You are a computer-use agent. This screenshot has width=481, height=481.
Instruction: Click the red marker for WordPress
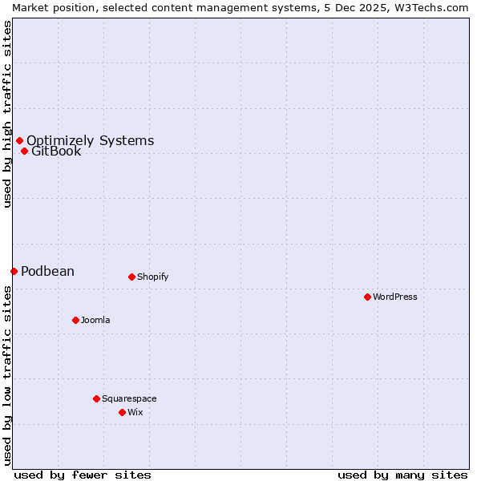[367, 297]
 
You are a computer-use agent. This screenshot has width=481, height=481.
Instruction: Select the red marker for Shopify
[131, 277]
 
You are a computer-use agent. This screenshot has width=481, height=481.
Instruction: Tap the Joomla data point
[75, 320]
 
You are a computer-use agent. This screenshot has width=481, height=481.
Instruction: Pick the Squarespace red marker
[96, 398]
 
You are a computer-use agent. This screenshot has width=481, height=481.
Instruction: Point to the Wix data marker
[122, 412]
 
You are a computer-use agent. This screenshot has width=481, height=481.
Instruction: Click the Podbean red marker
[14, 271]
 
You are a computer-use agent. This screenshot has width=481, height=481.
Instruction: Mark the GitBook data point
[24, 151]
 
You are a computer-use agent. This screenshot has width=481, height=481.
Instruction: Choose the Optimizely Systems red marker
[19, 141]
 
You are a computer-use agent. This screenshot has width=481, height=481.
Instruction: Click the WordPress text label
[395, 297]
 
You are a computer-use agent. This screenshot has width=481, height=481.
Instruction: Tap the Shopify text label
[152, 277]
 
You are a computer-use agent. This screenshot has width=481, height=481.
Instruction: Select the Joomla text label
[95, 320]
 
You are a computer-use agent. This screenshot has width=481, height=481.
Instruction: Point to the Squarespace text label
[129, 398]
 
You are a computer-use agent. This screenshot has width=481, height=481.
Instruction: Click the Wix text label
[135, 412]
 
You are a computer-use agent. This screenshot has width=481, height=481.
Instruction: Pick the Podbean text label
[47, 271]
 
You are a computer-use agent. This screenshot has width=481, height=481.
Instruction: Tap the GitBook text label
[56, 152]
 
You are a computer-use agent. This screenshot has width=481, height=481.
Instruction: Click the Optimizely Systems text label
[90, 141]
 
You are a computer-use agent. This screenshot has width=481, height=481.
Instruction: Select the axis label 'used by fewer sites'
[83, 475]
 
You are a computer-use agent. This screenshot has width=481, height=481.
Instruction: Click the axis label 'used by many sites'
[402, 475]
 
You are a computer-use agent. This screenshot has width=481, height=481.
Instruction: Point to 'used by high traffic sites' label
[7, 114]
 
